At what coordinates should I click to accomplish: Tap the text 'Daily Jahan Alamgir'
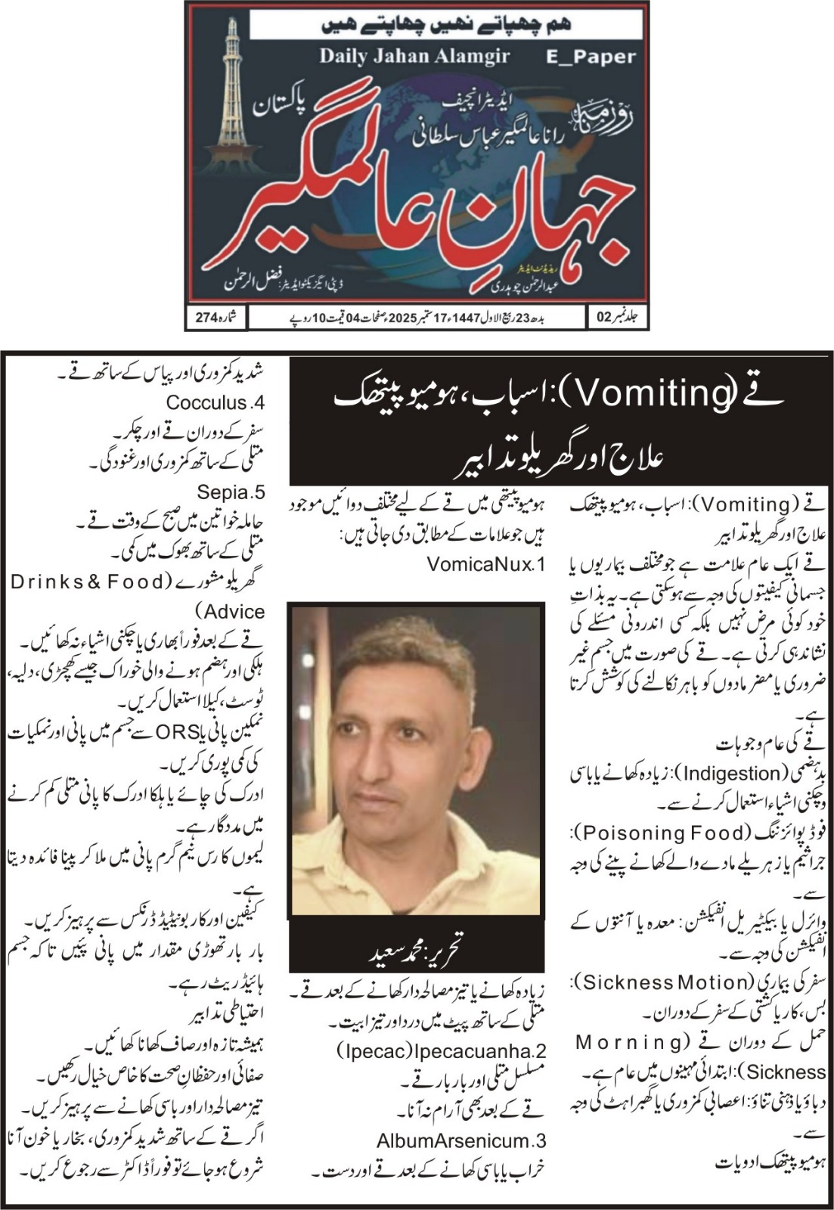[414, 56]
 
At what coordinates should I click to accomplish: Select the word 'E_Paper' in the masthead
[591, 57]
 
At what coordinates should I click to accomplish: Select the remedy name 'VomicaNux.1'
[485, 563]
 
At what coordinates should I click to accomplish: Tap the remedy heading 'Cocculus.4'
[215, 402]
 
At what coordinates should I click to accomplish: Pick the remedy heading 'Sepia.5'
[231, 492]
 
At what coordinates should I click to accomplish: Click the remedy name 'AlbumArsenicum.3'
[461, 1140]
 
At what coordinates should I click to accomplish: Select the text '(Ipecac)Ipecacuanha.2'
[442, 1051]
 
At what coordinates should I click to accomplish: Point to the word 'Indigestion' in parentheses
[730, 773]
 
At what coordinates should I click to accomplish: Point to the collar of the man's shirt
[454, 839]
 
